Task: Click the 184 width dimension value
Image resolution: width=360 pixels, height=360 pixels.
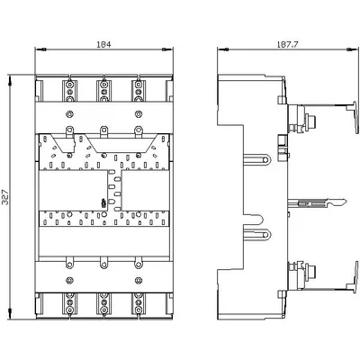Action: point(103,44)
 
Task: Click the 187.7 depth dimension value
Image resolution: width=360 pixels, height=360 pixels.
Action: point(287,44)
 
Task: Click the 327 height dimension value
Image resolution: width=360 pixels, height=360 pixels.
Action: point(5,197)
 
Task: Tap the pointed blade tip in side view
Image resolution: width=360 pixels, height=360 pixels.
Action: point(346,201)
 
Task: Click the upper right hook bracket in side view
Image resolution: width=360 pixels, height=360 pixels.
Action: point(353,116)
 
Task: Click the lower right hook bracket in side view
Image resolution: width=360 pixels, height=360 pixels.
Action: point(353,276)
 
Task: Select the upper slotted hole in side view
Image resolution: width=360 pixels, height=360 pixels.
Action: point(258,159)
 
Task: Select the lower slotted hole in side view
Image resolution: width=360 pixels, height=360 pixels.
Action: point(258,233)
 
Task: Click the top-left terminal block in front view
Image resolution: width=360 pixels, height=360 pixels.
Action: point(69,91)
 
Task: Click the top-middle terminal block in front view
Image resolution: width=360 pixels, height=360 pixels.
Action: point(103,91)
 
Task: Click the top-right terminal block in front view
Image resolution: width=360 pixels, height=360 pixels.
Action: point(139,91)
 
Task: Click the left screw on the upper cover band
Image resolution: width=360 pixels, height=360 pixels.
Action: point(69,113)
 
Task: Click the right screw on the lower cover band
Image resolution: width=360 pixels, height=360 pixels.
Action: point(139,280)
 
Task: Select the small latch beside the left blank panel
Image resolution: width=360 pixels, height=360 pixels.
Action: point(103,203)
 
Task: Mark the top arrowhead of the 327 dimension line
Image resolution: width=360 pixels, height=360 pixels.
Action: point(11,80)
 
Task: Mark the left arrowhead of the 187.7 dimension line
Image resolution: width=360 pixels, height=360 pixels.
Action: point(222,49)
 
